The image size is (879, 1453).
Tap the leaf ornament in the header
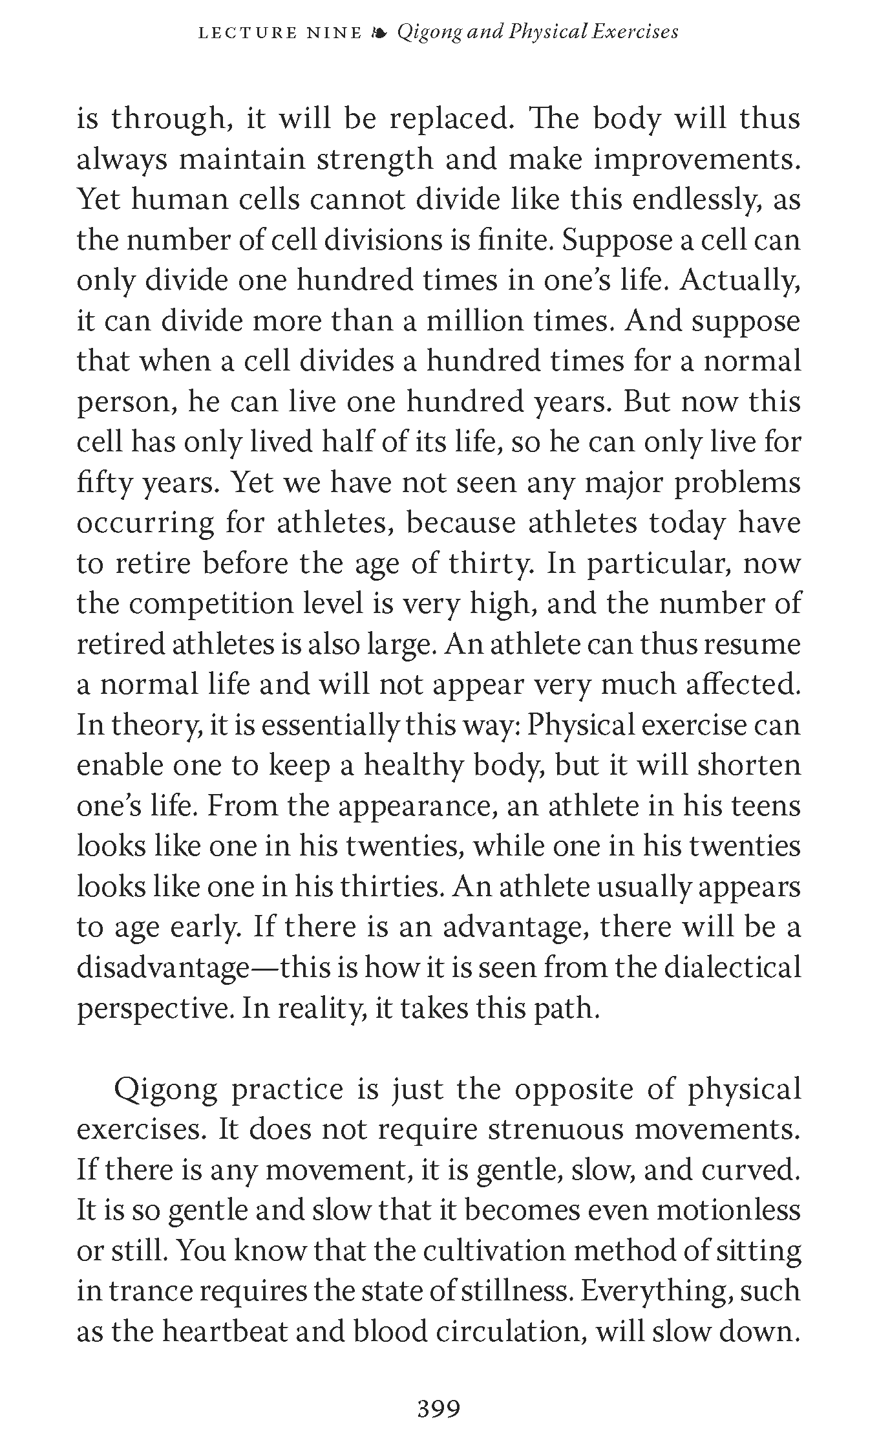pyautogui.click(x=380, y=33)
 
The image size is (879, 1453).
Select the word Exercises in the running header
pyautogui.click(x=634, y=32)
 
